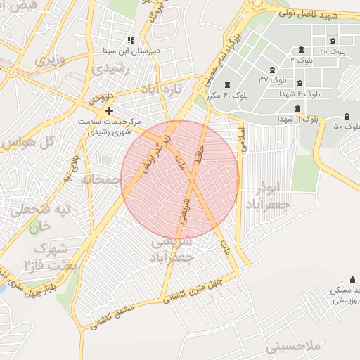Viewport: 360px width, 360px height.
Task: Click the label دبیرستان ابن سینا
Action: pos(130,51)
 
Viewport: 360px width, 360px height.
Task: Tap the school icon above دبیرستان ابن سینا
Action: pos(130,41)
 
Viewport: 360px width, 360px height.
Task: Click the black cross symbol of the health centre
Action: pos(109,111)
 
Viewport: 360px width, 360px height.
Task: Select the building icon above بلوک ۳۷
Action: pos(272,70)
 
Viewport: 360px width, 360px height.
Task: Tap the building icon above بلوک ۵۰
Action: pos(346,117)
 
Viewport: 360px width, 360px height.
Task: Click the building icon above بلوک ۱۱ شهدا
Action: pos(299,109)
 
